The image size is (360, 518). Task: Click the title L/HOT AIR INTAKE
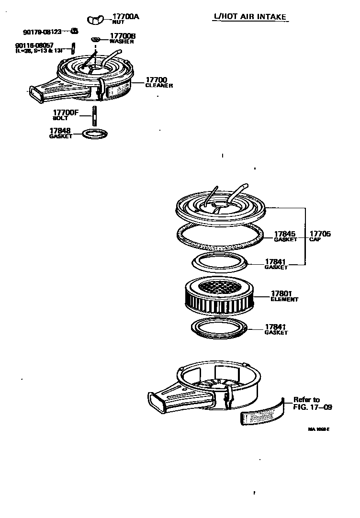(249, 17)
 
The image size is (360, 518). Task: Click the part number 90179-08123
(42, 32)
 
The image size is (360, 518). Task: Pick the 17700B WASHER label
(123, 38)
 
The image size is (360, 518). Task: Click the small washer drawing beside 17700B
(96, 39)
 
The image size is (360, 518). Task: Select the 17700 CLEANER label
(158, 82)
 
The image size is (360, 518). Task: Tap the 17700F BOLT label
(66, 115)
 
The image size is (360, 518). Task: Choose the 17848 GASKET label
(61, 133)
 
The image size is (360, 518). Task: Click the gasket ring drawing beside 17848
(95, 134)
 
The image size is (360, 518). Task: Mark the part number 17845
(285, 234)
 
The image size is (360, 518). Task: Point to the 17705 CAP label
(320, 236)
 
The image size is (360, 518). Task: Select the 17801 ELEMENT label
(284, 295)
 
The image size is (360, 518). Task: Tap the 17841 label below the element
(276, 329)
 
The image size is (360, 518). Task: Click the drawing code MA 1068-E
(319, 429)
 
